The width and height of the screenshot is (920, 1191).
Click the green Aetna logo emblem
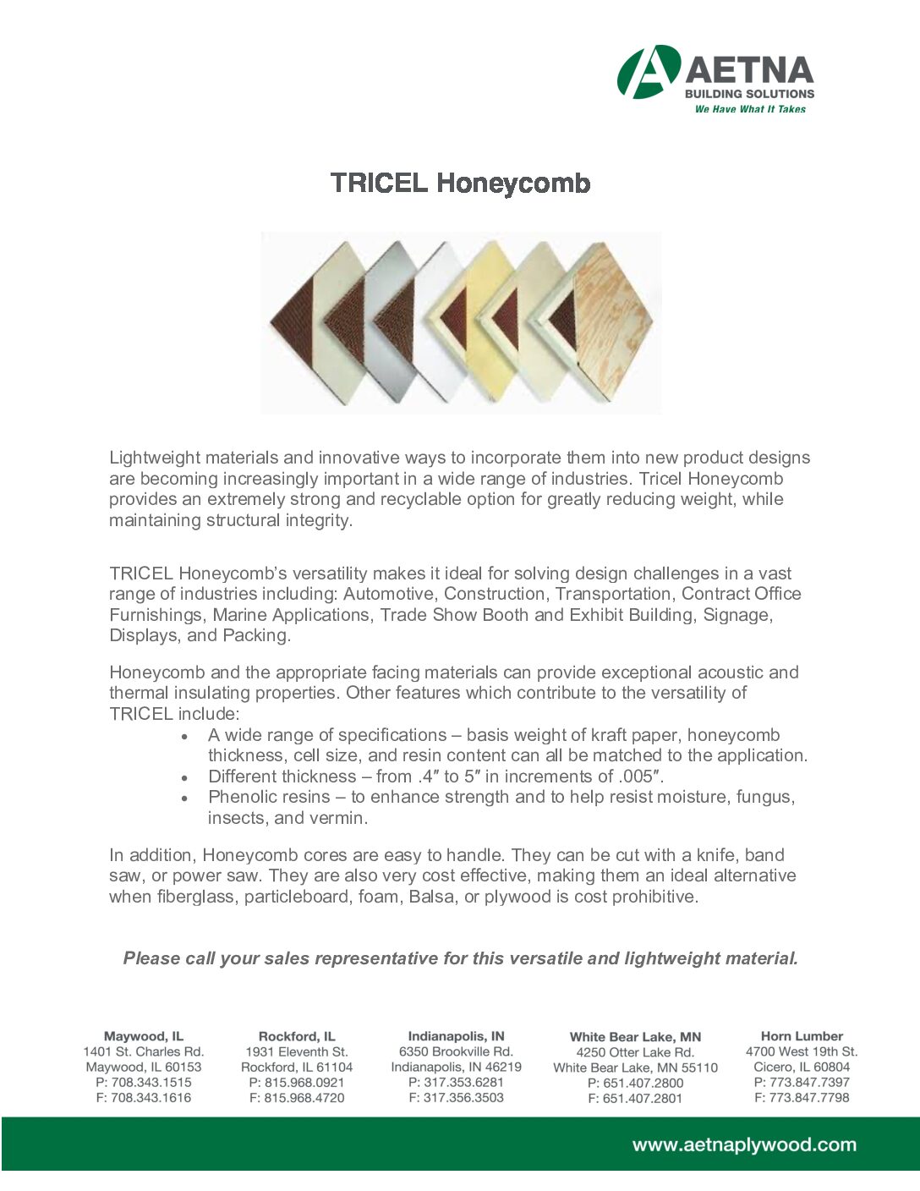tap(648, 72)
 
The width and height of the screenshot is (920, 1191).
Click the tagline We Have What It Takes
tap(750, 109)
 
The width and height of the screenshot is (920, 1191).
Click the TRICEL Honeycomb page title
tap(460, 183)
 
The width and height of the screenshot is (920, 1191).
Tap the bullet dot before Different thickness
tap(184, 777)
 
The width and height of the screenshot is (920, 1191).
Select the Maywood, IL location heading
tap(144, 1036)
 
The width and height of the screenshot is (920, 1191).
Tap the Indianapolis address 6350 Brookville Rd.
tap(456, 1051)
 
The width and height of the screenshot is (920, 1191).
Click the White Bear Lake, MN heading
tap(635, 1037)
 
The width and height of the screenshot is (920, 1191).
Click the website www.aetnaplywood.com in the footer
tap(744, 1145)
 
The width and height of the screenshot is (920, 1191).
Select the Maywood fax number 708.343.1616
tap(144, 1098)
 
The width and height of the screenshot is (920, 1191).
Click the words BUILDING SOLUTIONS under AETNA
tap(749, 94)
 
